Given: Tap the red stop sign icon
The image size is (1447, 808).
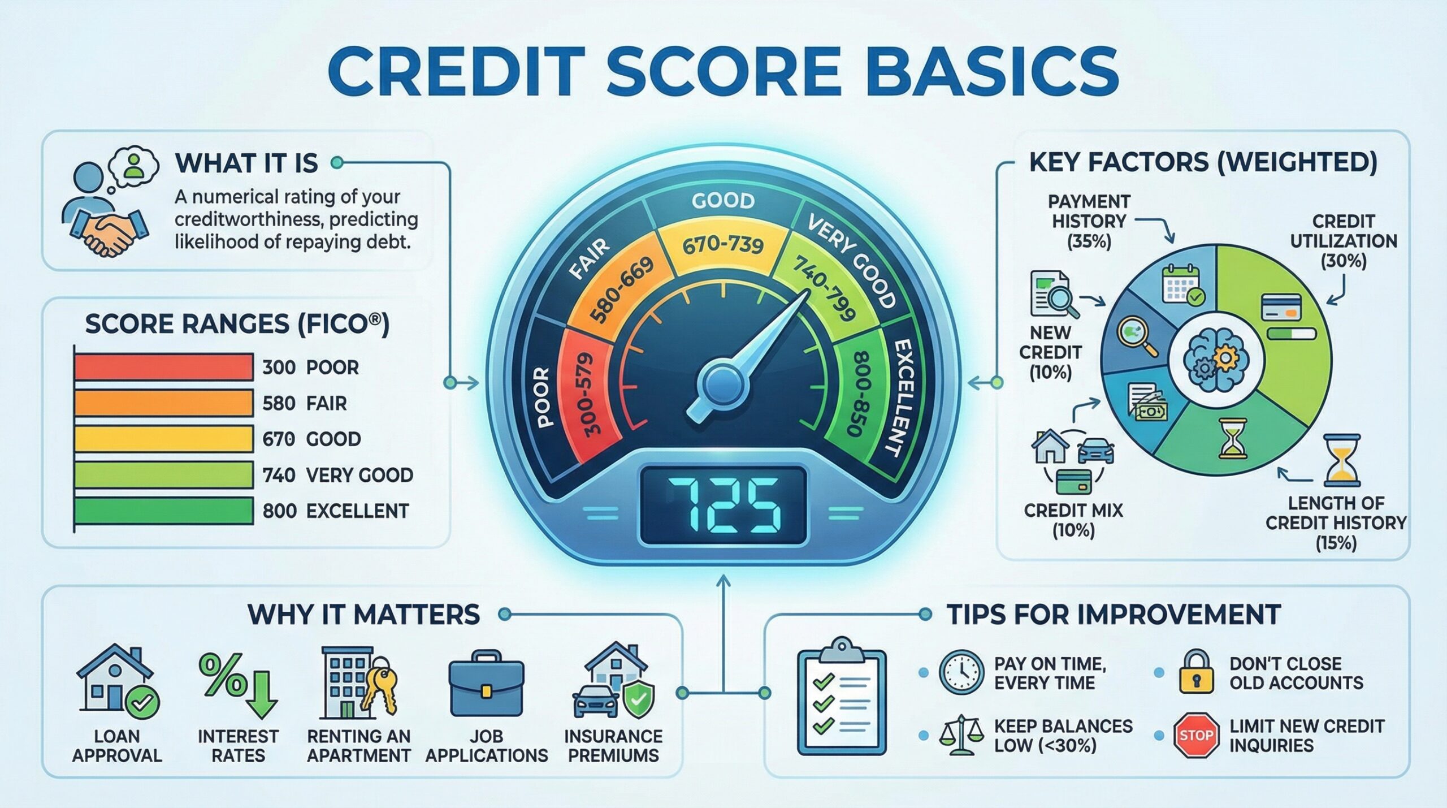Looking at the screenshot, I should pyautogui.click(x=1196, y=734).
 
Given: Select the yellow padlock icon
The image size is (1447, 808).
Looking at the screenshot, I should pyautogui.click(x=1196, y=673).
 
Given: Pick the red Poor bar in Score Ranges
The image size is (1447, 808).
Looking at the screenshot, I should pyautogui.click(x=163, y=366).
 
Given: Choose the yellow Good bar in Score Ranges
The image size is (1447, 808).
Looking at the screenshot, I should pyautogui.click(x=163, y=439).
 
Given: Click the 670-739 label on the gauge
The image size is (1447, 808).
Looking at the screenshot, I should pyautogui.click(x=723, y=245).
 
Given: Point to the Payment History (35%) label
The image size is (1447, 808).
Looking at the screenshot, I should pyautogui.click(x=1089, y=221).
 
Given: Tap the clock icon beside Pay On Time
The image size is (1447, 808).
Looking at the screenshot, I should pyautogui.click(x=961, y=672).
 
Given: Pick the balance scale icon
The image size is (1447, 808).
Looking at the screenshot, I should pyautogui.click(x=960, y=734).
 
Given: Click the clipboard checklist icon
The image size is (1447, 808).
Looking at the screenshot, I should pyautogui.click(x=841, y=698).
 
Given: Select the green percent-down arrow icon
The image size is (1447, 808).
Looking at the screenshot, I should pyautogui.click(x=238, y=685).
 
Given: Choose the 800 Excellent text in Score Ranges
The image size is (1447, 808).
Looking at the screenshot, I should pyautogui.click(x=335, y=511).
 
